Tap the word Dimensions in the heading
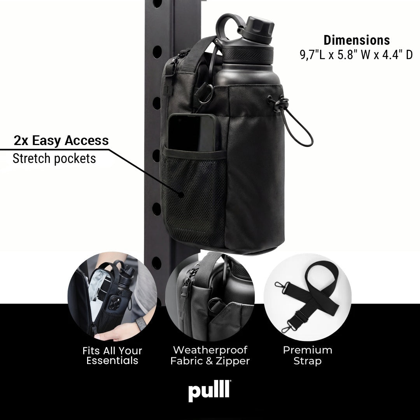point(357,40)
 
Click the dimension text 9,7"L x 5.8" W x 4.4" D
point(356,55)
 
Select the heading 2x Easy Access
point(61,140)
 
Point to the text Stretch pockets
point(54,158)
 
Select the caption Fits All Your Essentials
point(112,355)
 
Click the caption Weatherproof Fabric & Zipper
point(210,355)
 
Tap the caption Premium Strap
point(308,355)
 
